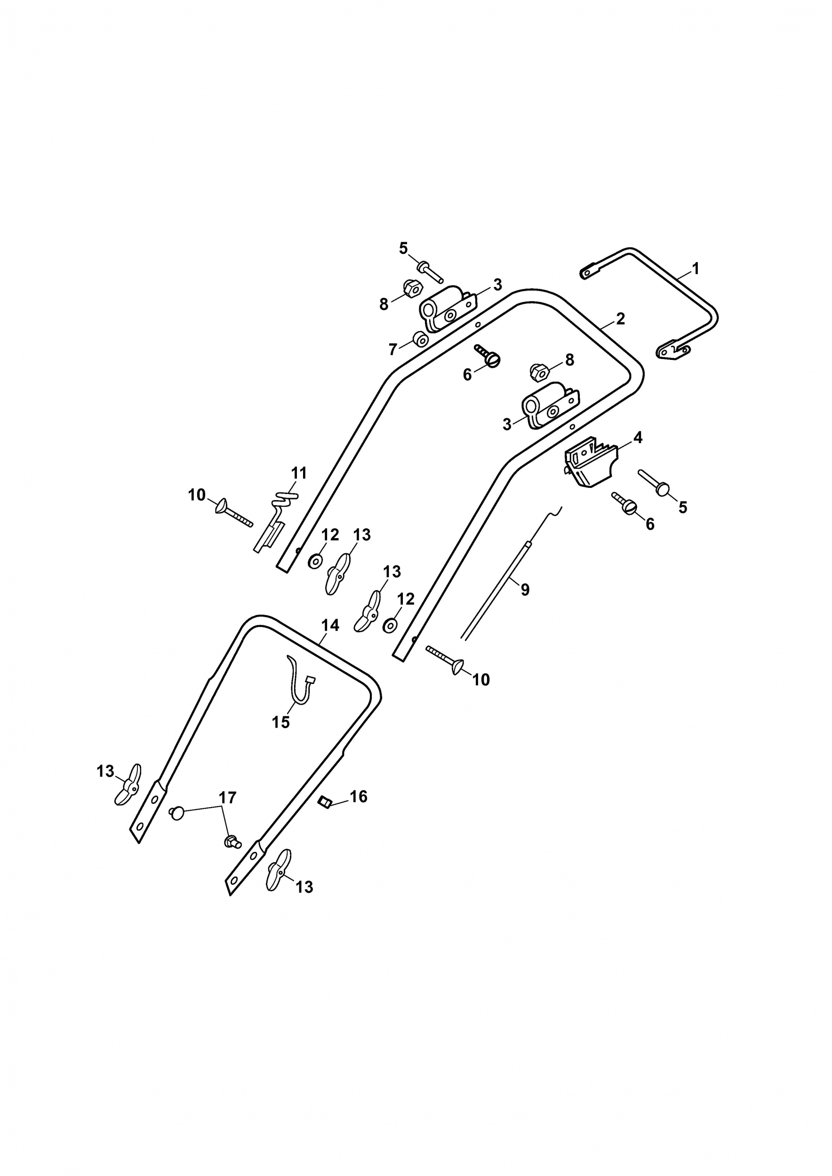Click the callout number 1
click(x=695, y=269)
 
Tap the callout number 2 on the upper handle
click(x=620, y=319)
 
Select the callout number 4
click(x=638, y=438)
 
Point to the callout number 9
click(x=525, y=589)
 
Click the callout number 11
click(x=299, y=473)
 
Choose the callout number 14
click(x=330, y=625)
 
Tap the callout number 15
click(x=281, y=722)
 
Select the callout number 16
click(x=359, y=796)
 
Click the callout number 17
click(x=227, y=797)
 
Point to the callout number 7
click(x=392, y=350)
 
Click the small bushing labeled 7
click(x=421, y=339)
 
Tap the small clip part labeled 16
click(x=323, y=801)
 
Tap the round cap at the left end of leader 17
click(x=176, y=813)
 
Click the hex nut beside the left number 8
click(x=412, y=290)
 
